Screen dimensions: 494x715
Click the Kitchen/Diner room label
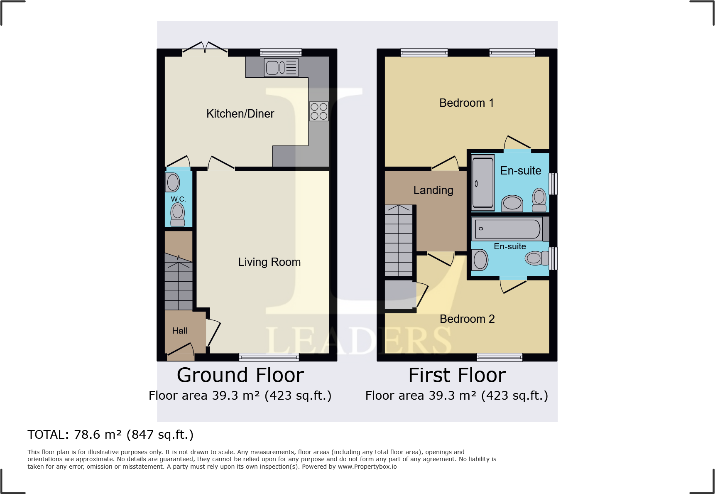(x=240, y=113)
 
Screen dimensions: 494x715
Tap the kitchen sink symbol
(x=281, y=68)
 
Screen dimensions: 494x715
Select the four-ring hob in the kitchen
(x=319, y=111)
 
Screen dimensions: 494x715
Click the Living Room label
(x=269, y=262)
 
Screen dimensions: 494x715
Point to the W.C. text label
(x=178, y=199)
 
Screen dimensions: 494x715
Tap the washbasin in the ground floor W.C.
(x=173, y=182)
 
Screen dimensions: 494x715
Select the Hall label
(x=179, y=331)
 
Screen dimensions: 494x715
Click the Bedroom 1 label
(x=466, y=103)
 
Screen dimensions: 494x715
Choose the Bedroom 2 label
(x=467, y=319)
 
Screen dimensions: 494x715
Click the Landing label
(x=433, y=190)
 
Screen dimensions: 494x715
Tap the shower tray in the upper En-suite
(x=483, y=183)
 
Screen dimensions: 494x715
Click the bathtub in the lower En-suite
(x=507, y=229)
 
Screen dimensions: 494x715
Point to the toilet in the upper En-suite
(x=539, y=200)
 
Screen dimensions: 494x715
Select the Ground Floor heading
(x=240, y=375)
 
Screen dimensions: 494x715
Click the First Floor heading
(x=457, y=375)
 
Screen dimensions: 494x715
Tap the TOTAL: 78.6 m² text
(x=110, y=435)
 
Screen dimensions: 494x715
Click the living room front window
(x=269, y=356)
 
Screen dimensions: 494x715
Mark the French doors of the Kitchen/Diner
(x=205, y=49)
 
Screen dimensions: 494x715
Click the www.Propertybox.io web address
(x=367, y=467)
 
